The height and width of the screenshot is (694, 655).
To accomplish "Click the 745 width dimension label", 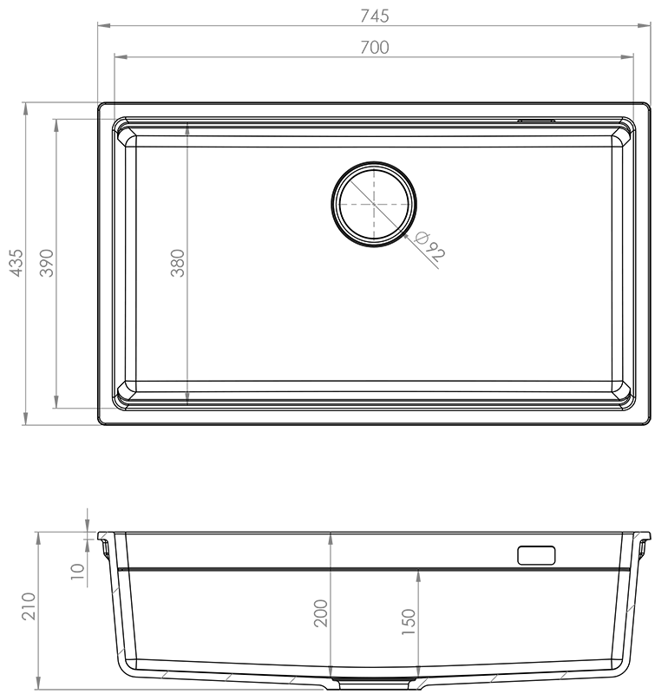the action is tap(375, 16).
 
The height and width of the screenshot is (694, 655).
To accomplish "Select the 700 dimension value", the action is tap(375, 48).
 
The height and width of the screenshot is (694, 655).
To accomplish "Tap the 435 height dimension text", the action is tap(16, 263).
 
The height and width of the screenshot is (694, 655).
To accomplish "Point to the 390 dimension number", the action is tap(47, 263).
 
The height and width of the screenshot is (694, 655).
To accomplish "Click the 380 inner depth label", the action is tap(178, 263).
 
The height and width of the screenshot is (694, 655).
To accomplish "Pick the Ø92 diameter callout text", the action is tap(429, 246).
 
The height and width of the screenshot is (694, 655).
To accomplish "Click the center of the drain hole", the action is tap(374, 204).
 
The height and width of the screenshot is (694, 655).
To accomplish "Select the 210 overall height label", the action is tap(29, 606).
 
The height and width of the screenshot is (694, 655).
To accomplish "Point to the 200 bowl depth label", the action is tap(320, 613).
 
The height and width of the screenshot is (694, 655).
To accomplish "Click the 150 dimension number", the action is tap(409, 622).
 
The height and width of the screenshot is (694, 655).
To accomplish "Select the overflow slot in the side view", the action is tap(536, 555).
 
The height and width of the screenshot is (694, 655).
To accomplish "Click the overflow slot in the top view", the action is tap(536, 120).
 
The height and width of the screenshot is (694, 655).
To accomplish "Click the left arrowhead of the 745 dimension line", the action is tap(104, 26).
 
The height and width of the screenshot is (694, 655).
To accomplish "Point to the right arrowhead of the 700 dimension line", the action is tap(626, 57).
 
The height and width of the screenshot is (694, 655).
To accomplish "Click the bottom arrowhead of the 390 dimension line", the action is tap(56, 402).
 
